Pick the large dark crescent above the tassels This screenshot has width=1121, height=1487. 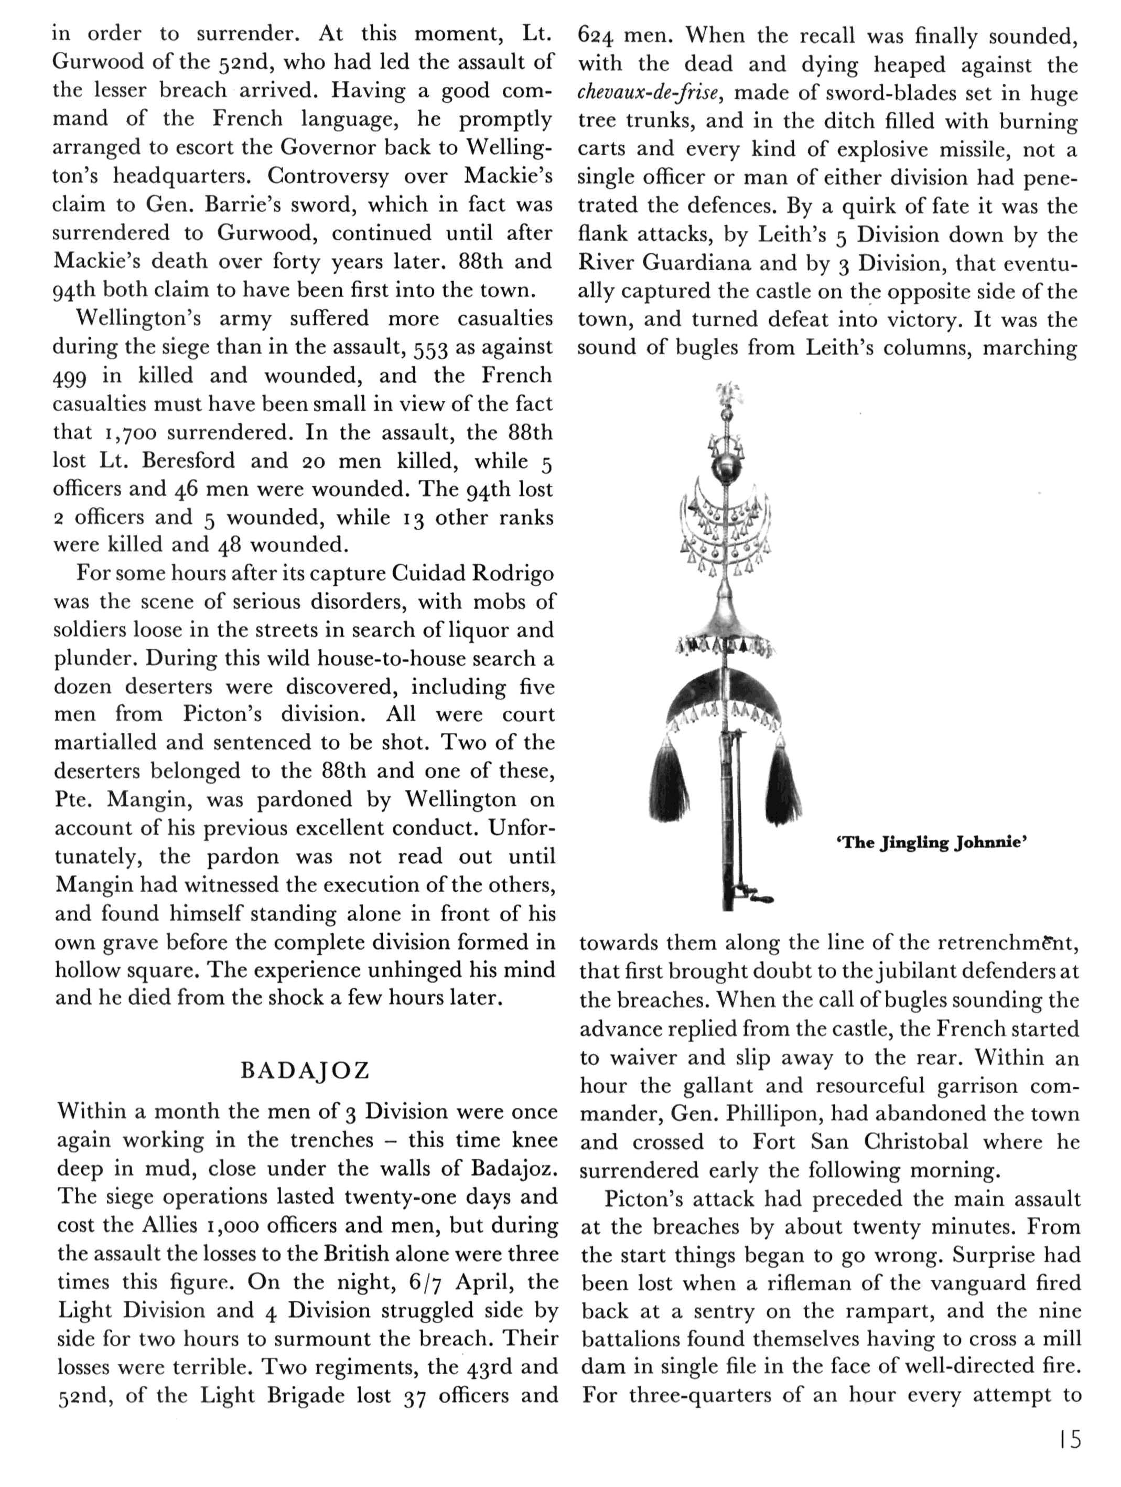725,696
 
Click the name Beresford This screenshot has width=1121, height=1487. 188,461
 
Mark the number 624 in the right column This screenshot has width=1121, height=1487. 595,36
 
